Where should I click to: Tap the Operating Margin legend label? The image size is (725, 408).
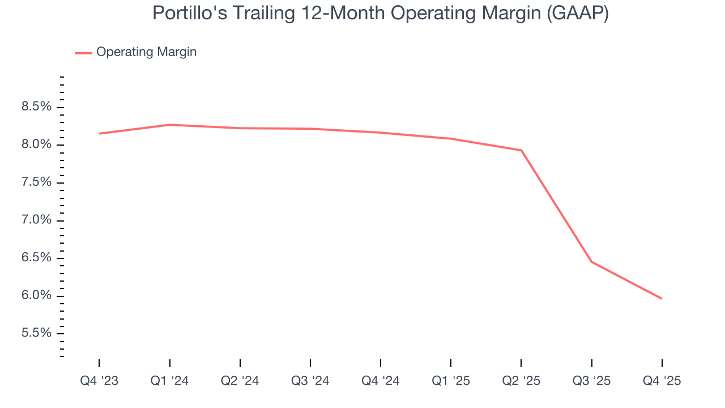(x=146, y=52)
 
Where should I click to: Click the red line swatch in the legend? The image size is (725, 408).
(x=83, y=53)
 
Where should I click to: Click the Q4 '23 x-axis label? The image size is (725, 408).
(x=99, y=381)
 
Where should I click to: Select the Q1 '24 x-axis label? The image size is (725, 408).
(x=169, y=381)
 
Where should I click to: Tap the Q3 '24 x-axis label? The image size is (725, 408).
(x=310, y=381)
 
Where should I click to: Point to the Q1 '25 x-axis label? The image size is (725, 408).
(x=451, y=381)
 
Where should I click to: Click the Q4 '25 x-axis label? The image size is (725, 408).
(x=662, y=381)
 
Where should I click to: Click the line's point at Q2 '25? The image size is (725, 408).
(x=521, y=150)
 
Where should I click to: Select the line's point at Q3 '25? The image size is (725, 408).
(x=591, y=262)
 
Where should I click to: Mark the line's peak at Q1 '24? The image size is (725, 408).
(x=169, y=125)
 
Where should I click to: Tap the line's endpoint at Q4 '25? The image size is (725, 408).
(x=662, y=299)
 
